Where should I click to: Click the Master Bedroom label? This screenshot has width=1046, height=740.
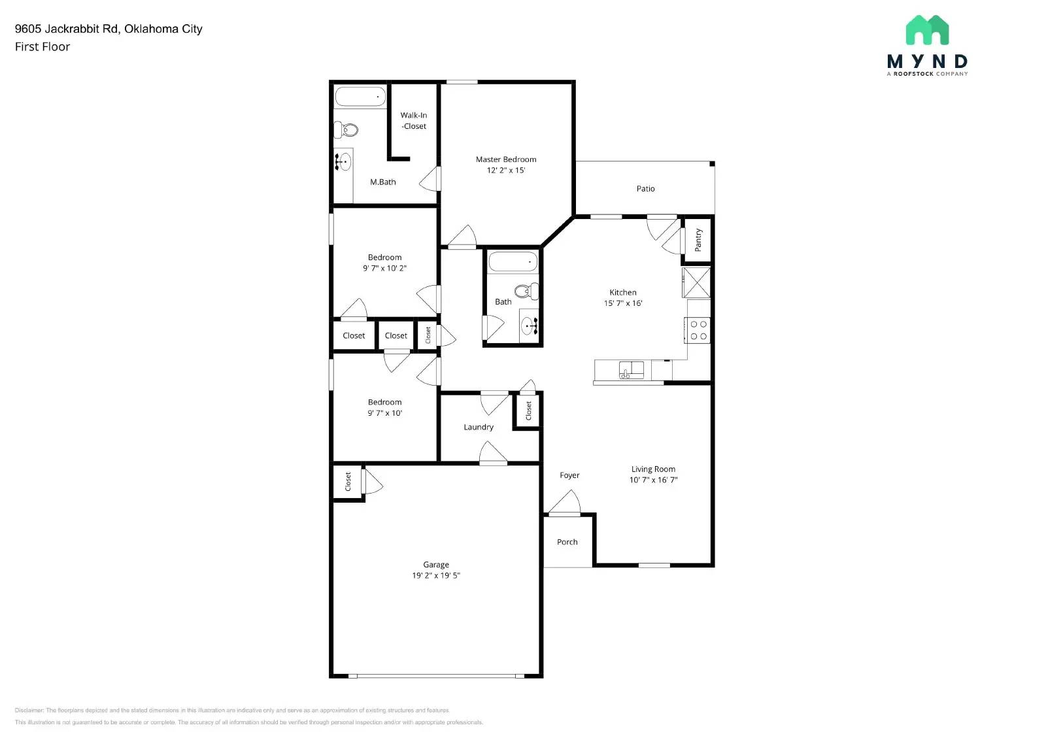tap(506, 159)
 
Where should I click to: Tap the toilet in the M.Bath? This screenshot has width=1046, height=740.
tap(347, 130)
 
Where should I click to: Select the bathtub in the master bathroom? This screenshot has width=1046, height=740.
tap(360, 97)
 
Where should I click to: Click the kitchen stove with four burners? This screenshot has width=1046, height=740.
tap(698, 330)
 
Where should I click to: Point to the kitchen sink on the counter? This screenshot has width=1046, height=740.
tap(632, 370)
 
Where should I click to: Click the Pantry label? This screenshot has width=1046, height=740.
tap(698, 240)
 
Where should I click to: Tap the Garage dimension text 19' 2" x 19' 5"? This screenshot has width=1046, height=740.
tap(436, 576)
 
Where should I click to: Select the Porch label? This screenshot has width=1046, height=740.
tap(567, 542)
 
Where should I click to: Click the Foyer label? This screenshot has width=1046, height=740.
tap(569, 475)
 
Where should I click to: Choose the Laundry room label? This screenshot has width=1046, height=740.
tap(479, 427)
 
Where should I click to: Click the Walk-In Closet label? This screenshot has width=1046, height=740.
tap(414, 121)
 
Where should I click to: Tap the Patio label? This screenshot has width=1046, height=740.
tap(645, 188)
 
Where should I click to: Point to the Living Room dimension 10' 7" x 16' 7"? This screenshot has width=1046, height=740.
tap(653, 480)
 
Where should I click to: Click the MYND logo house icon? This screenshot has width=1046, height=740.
tap(927, 30)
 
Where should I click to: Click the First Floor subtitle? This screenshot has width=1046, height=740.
tap(42, 46)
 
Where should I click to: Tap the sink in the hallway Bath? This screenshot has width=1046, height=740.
tap(530, 324)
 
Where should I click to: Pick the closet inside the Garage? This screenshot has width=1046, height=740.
tap(348, 482)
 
